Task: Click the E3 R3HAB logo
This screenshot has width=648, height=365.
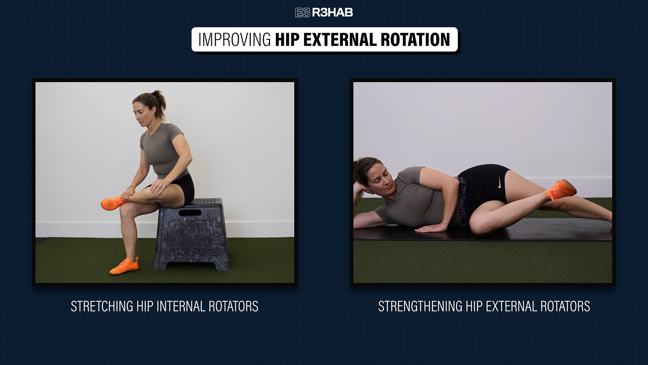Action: (324, 13)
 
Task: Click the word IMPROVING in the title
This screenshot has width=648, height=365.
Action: (235, 40)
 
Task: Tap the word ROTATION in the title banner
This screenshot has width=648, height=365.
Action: (415, 40)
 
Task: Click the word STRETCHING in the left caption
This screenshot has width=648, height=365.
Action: (102, 307)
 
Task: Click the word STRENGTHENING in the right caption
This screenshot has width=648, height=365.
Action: (420, 307)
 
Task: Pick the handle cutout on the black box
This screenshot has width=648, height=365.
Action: (190, 213)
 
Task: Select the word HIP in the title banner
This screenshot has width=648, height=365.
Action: (287, 40)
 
